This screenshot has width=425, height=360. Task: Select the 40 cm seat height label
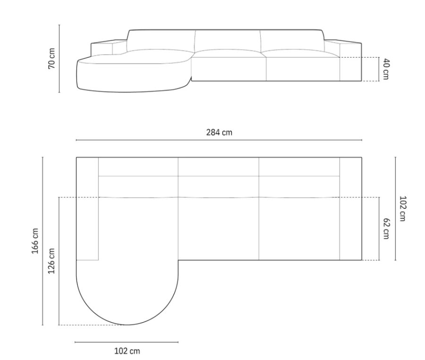point(387,69)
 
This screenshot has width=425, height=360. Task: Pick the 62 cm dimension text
point(387,229)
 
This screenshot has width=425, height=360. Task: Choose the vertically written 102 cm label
point(403,208)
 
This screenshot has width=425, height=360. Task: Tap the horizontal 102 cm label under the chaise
point(127,351)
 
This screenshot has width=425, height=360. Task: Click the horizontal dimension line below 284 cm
point(219,140)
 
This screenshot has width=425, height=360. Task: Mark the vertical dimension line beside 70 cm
point(59,58)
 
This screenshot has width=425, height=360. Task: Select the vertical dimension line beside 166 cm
point(42,241)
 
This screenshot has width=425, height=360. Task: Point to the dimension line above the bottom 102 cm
point(127,342)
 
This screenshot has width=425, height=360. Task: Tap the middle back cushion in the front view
point(228,40)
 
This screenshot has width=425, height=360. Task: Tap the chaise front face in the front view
point(132,76)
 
